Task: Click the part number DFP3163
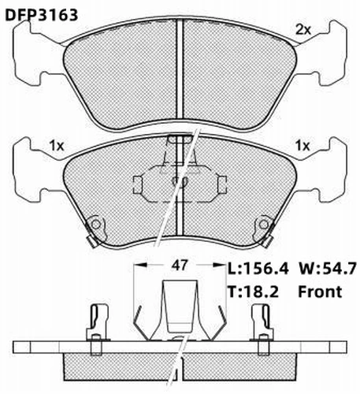pyautogui.click(x=42, y=15)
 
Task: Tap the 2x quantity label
pyautogui.click(x=303, y=30)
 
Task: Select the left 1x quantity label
pyautogui.click(x=57, y=146)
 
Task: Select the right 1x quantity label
pyautogui.click(x=302, y=146)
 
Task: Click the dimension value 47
pyautogui.click(x=180, y=266)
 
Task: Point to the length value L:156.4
pyautogui.click(x=258, y=269)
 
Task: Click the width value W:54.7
pyautogui.click(x=327, y=269)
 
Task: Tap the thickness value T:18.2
pyautogui.click(x=253, y=292)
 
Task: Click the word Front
pyautogui.click(x=320, y=292)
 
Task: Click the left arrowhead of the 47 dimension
pyautogui.click(x=140, y=265)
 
